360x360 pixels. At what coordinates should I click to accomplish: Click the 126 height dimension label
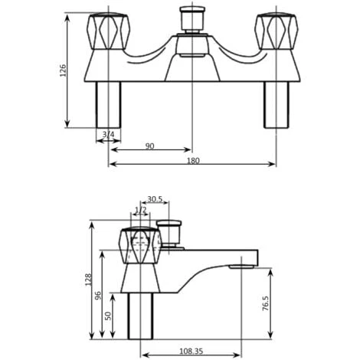click(64, 70)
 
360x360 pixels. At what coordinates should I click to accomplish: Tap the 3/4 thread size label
click(108, 135)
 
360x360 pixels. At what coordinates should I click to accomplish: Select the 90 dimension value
click(149, 146)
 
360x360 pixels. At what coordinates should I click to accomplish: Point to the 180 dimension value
click(192, 160)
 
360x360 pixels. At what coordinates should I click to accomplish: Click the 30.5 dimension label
click(154, 200)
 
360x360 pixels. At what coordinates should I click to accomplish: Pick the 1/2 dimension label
click(140, 210)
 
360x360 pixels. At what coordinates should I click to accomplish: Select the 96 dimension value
click(98, 295)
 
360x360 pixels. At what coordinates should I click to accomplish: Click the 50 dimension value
click(108, 316)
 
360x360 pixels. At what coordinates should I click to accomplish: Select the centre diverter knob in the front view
click(188, 18)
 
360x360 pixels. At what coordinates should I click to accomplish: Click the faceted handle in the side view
click(139, 245)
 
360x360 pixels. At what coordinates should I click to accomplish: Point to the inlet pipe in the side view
click(140, 316)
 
